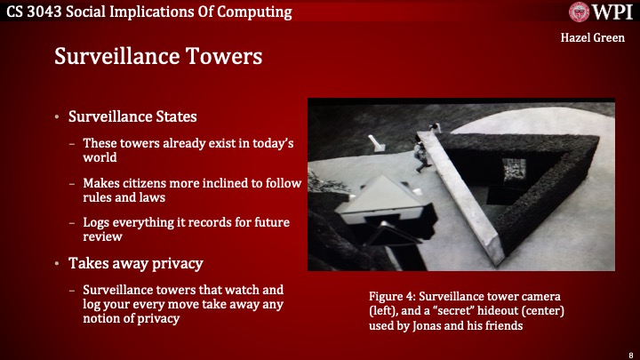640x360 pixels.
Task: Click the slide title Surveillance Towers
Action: [158, 56]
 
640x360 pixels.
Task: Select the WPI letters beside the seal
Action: [612, 12]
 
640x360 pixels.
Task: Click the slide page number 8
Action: [629, 353]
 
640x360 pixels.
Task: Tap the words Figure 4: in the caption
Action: [393, 293]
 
